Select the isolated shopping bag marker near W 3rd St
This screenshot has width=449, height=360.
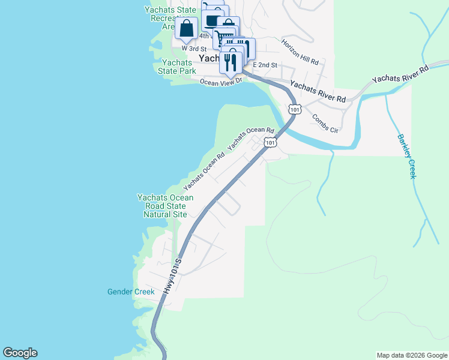pyautogui.click(x=187, y=29)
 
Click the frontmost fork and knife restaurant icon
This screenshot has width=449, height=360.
pyautogui.click(x=231, y=62)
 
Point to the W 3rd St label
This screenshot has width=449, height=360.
pyautogui.click(x=194, y=48)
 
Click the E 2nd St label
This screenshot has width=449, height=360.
pyautogui.click(x=265, y=64)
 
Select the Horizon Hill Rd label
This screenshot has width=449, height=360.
pyautogui.click(x=303, y=53)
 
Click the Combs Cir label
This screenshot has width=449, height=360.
pyautogui.click(x=325, y=122)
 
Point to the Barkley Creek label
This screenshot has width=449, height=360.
pyautogui.click(x=406, y=156)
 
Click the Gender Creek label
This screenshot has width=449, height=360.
pyautogui.click(x=131, y=292)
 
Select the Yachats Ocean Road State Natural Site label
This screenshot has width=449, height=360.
pyautogui.click(x=165, y=206)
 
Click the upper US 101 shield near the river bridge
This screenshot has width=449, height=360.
pyautogui.click(x=294, y=109)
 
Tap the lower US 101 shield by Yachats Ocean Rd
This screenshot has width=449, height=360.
pyautogui.click(x=271, y=143)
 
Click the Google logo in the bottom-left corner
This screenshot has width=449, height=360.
pyautogui.click(x=20, y=353)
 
